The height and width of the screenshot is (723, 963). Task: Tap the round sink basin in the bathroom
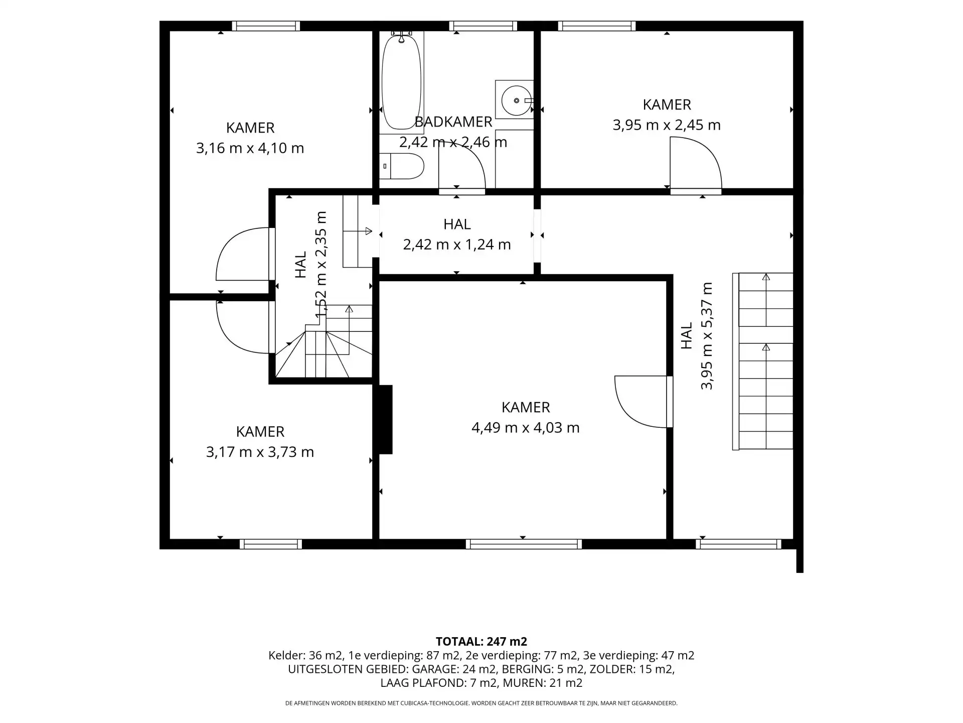pos(516,101)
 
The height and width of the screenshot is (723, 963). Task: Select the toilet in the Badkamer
pos(401,166)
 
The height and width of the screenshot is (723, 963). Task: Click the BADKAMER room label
pos(453,122)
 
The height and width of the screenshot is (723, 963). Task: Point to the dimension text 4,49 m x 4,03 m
pos(526,428)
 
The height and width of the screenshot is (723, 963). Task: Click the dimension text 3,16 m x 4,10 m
pos(250,148)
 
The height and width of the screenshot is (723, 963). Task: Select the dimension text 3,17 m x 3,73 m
pos(260,452)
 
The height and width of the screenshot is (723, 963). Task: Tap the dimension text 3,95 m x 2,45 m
pos(667,125)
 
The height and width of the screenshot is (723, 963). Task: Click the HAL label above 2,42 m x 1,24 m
pos(457,224)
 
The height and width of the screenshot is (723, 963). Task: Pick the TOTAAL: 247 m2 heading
pos(481,641)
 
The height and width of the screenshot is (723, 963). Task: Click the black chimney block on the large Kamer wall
pos(385,419)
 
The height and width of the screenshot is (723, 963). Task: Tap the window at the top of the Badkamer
pos(483,26)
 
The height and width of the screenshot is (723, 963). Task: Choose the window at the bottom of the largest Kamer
pos(524,544)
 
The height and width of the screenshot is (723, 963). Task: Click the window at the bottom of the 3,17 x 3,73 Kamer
pos(271,544)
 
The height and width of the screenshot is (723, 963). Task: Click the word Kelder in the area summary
pos(287,655)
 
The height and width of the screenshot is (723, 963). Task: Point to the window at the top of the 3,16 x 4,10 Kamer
pos(266,26)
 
